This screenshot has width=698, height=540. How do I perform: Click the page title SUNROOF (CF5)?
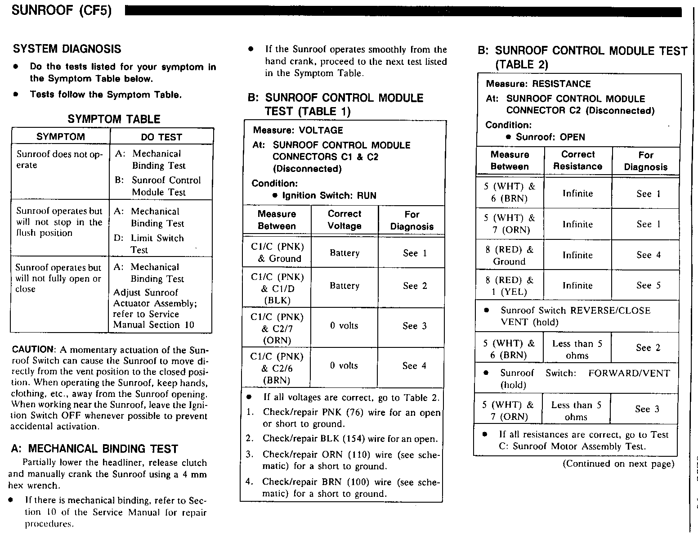[x=61, y=10]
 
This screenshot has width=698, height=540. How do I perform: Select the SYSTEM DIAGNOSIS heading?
[x=67, y=49]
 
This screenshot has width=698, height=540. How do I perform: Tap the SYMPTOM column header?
[x=60, y=137]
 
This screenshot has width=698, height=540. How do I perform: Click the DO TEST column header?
[x=161, y=137]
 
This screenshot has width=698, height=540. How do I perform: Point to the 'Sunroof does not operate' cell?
[x=59, y=159]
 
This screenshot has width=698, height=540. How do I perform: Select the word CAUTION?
[x=33, y=350]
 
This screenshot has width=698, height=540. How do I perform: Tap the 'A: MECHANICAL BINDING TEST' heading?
[x=94, y=449]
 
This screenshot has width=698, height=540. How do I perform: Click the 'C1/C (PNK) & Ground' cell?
[x=277, y=252]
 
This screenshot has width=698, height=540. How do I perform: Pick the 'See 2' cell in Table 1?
[x=415, y=286]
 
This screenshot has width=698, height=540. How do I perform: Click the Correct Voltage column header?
[x=345, y=220]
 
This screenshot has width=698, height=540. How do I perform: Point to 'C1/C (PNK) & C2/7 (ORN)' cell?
[x=277, y=328]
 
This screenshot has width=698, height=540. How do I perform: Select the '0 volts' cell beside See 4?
[x=344, y=366]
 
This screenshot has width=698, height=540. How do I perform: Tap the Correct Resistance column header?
[x=578, y=160]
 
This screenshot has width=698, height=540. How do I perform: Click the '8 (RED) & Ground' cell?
[x=510, y=256]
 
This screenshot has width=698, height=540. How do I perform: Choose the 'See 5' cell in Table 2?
[x=649, y=286]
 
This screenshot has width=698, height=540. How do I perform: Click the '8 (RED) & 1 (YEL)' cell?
[x=510, y=286]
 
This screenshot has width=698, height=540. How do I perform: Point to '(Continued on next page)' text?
[x=618, y=464]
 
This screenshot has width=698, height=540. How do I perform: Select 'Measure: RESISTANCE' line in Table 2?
[x=538, y=84]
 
